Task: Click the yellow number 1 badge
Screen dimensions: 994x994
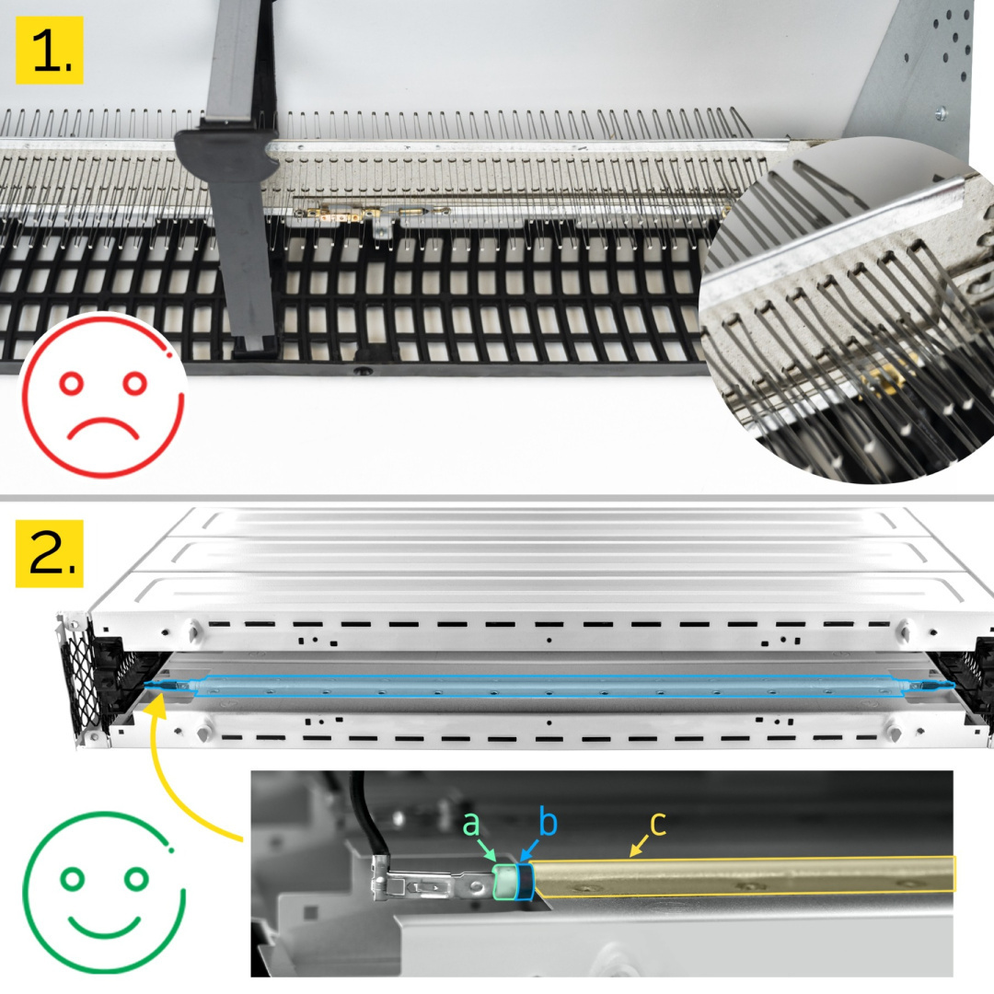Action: pyautogui.click(x=50, y=50)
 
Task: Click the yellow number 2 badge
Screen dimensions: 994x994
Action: pyautogui.click(x=50, y=553)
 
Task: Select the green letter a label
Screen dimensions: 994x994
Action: pyautogui.click(x=471, y=824)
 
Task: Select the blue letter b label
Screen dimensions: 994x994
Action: pyautogui.click(x=549, y=822)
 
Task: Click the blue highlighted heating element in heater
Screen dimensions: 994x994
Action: pyautogui.click(x=549, y=686)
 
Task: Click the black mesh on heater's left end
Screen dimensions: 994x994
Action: pyautogui.click(x=82, y=678)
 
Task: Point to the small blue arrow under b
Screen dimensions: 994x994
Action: pyautogui.click(x=531, y=849)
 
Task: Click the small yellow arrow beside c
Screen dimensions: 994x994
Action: pyautogui.click(x=640, y=847)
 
